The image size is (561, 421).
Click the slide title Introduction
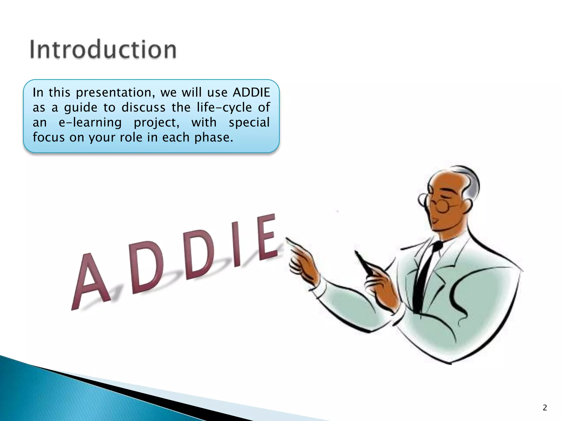coord(103,50)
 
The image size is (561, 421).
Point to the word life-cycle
coord(224,107)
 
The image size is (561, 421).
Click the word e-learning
coord(90,123)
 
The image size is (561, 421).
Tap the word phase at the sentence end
coord(213,138)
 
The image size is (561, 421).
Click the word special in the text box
coord(249,123)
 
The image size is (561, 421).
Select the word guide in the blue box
coord(81,108)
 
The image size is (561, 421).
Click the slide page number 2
coord(545,408)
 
